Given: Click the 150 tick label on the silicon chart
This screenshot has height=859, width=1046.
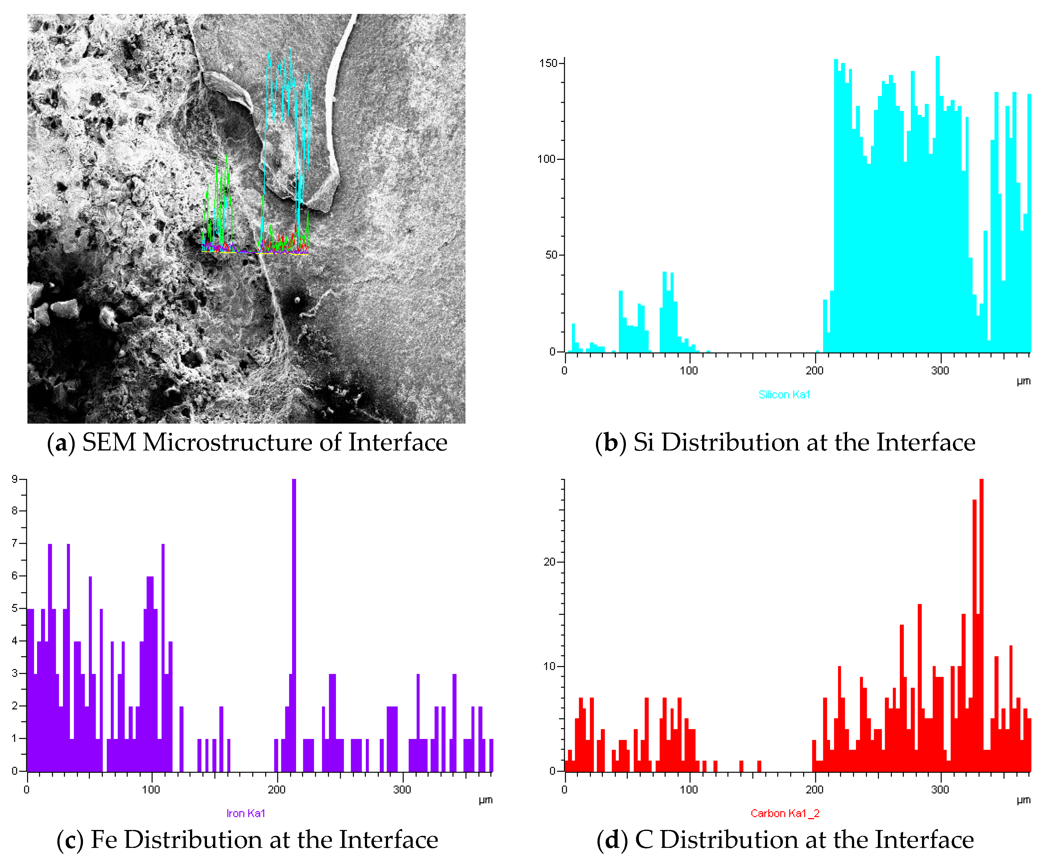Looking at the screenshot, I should point(548,63).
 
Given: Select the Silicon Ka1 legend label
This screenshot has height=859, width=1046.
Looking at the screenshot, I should point(784,394).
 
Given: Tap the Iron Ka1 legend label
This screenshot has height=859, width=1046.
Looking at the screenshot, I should point(246,813).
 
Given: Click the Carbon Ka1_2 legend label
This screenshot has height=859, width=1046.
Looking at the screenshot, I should point(785,813).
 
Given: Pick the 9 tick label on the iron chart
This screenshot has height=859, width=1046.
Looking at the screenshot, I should point(15,479).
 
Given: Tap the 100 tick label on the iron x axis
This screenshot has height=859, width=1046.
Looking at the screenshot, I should point(151,790).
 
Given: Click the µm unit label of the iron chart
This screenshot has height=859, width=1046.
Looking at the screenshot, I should point(485,800).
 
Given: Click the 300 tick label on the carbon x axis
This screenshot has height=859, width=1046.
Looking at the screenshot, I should point(940,790).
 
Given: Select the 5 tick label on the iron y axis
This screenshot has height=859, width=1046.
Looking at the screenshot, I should point(15,608).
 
